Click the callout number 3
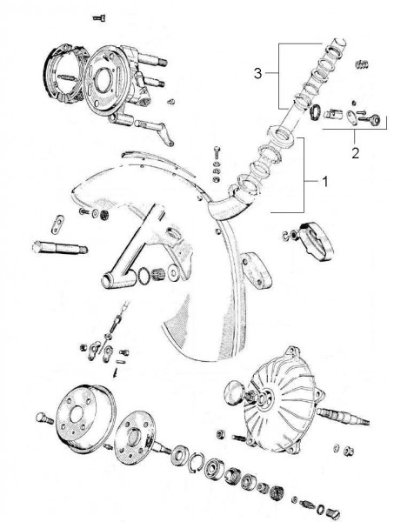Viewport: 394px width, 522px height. [x=258, y=73]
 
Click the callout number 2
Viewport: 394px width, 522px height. [x=356, y=153]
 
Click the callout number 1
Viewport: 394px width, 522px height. [x=324, y=182]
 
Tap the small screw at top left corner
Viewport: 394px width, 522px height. [x=99, y=17]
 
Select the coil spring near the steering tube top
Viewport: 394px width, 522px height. [x=362, y=64]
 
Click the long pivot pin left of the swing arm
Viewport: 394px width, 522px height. [x=60, y=248]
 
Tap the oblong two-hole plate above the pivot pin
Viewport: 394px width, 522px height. [x=57, y=224]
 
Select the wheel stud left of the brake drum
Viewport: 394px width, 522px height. [x=44, y=418]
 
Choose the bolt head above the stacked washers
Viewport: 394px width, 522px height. [x=217, y=153]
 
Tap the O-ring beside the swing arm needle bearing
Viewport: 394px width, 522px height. [x=144, y=276]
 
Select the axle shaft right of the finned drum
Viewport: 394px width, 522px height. [x=343, y=417]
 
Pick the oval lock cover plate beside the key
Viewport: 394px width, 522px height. [x=351, y=117]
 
